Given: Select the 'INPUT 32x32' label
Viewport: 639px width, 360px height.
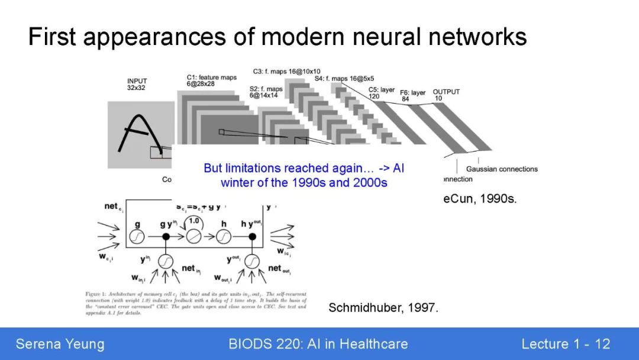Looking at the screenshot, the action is tap(137, 84).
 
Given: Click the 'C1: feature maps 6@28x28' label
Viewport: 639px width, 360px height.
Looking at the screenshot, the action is tap(211, 81).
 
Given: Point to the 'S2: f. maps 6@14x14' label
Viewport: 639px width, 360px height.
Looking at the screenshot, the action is tap(266, 92).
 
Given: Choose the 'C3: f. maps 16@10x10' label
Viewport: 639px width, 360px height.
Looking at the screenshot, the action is tap(287, 72).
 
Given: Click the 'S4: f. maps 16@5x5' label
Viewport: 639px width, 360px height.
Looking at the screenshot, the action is tap(344, 78).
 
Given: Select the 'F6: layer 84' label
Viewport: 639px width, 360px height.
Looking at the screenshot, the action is tap(412, 96).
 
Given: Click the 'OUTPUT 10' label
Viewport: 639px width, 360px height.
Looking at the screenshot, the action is tap(446, 95).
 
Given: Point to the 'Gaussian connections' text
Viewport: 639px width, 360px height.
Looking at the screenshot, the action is tap(502, 169).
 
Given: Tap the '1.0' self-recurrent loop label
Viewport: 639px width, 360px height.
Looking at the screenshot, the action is tap(194, 220).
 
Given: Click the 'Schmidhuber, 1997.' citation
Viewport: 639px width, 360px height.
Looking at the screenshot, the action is tap(383, 308).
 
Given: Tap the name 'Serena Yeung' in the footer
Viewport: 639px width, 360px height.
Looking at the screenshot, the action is tap(60, 344).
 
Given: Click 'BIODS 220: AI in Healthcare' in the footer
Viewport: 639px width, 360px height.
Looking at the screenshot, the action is tap(318, 344).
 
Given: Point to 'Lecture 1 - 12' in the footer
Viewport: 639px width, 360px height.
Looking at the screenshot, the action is tap(565, 344).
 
